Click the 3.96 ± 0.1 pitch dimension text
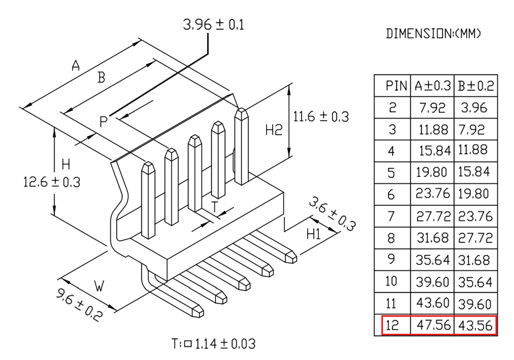coord(214,25)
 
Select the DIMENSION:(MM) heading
coord(433,33)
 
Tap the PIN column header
coord(396,86)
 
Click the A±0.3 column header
coord(433,86)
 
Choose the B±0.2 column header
coord(475,86)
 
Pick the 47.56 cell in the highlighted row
coord(433,325)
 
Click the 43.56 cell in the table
coord(475,326)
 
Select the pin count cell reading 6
coord(391,195)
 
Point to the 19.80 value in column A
coord(431,172)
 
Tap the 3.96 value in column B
coord(474,108)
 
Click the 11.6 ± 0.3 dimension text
coord(321,117)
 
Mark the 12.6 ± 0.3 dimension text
coord(51,182)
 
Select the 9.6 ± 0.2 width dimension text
coord(79,304)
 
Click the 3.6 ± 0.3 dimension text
coord(332,213)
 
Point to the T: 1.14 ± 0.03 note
coord(213,344)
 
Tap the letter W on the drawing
coord(99,286)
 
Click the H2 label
coord(274,130)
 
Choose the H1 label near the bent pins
coord(314,234)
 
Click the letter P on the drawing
coord(103,122)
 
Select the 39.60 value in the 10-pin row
coord(432,282)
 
